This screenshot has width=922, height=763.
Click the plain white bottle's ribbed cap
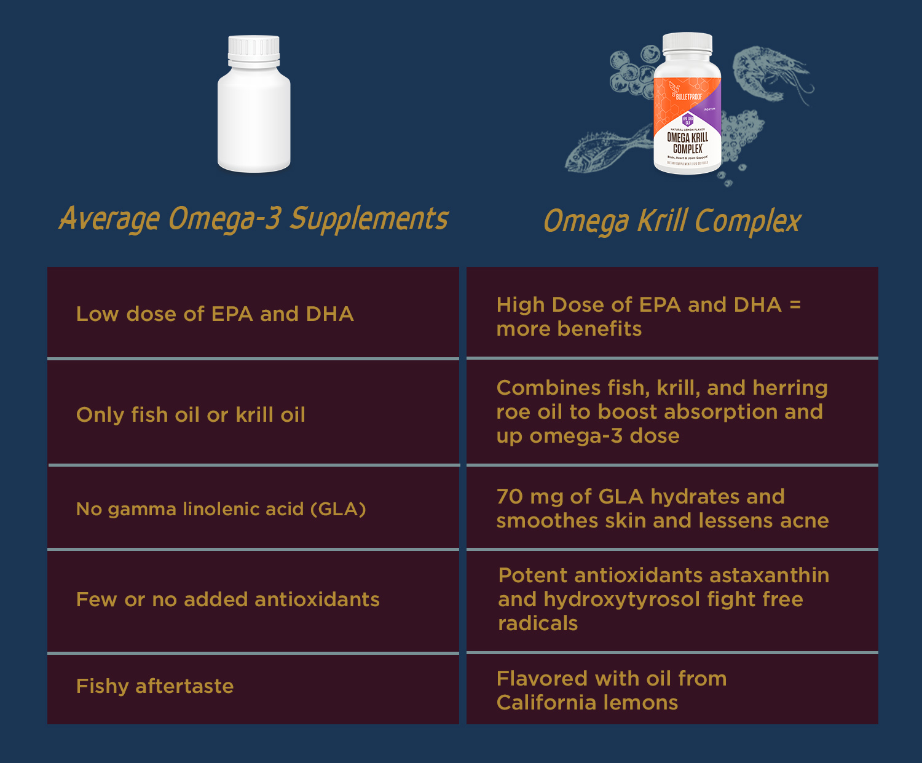[254, 49]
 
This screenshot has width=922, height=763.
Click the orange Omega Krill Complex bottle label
[687, 123]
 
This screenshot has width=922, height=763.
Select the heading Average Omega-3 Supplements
[254, 219]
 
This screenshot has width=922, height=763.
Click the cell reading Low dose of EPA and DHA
[215, 314]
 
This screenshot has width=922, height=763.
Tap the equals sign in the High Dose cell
[795, 304]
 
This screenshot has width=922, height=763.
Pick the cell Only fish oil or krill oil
[191, 415]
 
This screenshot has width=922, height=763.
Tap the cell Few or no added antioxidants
[227, 599]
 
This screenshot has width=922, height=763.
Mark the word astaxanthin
[769, 575]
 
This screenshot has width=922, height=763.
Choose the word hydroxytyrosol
[622, 599]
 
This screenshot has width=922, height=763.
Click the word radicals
[538, 623]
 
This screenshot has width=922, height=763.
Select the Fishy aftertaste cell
[155, 686]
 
